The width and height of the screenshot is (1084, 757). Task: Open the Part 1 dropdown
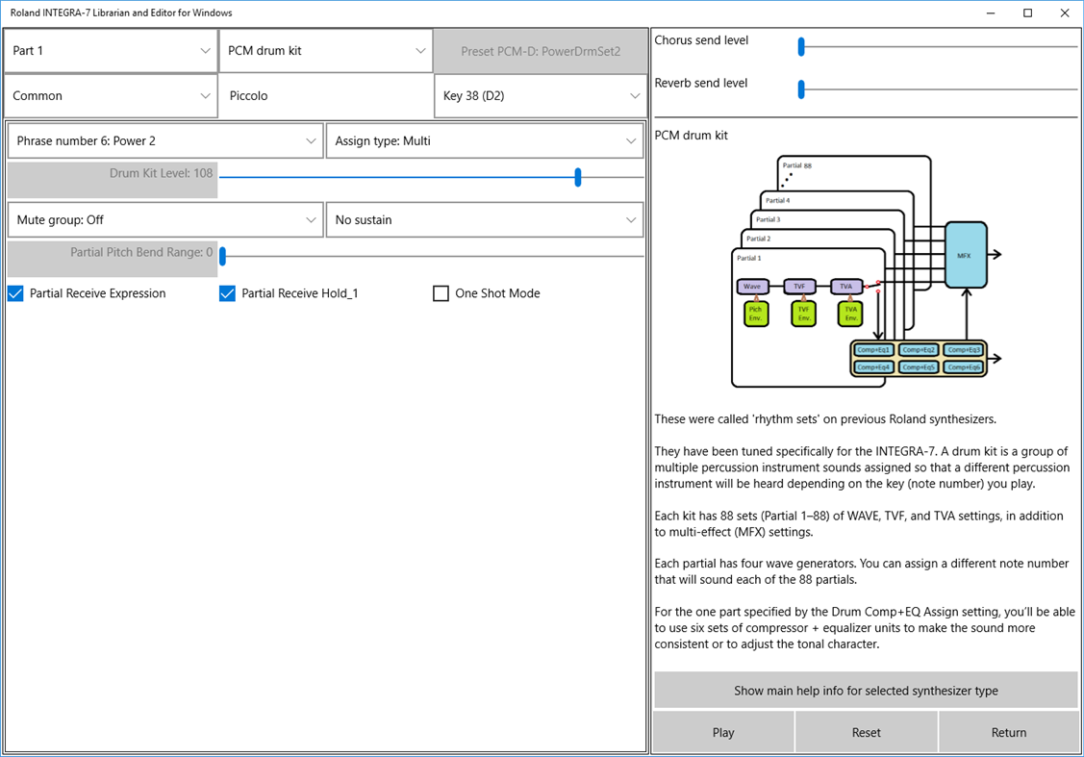pos(111,51)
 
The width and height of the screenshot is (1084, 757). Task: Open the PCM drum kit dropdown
pos(325,51)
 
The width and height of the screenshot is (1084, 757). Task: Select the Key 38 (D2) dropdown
pos(541,96)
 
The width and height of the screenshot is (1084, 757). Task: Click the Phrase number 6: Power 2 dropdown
pos(165,141)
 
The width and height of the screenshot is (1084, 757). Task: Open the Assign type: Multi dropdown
pos(484,141)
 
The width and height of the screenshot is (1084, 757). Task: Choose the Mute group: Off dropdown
pos(165,220)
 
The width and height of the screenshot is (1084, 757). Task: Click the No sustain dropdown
pos(484,220)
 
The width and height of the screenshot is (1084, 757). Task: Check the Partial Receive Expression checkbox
pos(15,293)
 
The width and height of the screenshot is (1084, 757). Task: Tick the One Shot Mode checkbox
pos(441,293)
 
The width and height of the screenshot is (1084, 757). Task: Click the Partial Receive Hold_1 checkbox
pos(228,293)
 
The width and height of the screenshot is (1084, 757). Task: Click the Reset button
pos(866,732)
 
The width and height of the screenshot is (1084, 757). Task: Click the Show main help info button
pos(866,691)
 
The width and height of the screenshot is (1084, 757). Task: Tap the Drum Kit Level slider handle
pos(578,177)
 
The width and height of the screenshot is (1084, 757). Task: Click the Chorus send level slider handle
pos(800,46)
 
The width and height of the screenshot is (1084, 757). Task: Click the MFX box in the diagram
pos(966,254)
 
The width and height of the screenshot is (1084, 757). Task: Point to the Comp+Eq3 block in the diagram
pos(962,350)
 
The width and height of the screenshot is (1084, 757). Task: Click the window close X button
pos(1063,13)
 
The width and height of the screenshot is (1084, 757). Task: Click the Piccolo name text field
pos(326,96)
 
